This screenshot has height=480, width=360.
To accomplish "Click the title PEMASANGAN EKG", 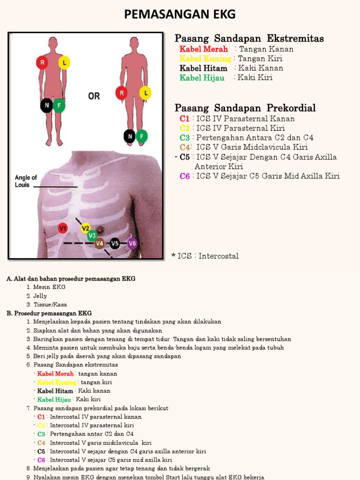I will (x=180, y=15).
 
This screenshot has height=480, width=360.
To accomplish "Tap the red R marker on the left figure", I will (x=42, y=62).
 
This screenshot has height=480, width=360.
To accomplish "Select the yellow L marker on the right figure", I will (x=146, y=93).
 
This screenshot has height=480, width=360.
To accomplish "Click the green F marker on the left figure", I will (x=59, y=106).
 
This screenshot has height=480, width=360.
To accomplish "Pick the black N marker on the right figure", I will (x=129, y=136).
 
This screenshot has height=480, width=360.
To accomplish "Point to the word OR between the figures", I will (x=94, y=96).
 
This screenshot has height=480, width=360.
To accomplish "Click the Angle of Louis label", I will (x=26, y=181).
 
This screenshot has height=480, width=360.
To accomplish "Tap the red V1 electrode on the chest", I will (x=63, y=228).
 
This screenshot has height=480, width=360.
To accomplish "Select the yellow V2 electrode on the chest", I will (x=85, y=228).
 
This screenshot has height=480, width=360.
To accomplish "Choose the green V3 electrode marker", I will (x=92, y=235).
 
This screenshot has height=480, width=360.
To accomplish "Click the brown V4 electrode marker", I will (x=99, y=243).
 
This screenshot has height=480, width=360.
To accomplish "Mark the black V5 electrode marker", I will (x=115, y=243).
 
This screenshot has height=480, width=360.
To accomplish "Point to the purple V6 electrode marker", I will (x=132, y=243).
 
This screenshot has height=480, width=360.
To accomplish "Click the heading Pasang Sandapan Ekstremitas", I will (x=249, y=38).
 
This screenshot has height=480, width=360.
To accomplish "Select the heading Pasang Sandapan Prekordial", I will (x=245, y=108).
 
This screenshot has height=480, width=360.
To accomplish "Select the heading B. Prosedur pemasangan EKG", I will (x=49, y=313).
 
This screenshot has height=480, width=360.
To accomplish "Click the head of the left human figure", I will (x=53, y=42).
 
